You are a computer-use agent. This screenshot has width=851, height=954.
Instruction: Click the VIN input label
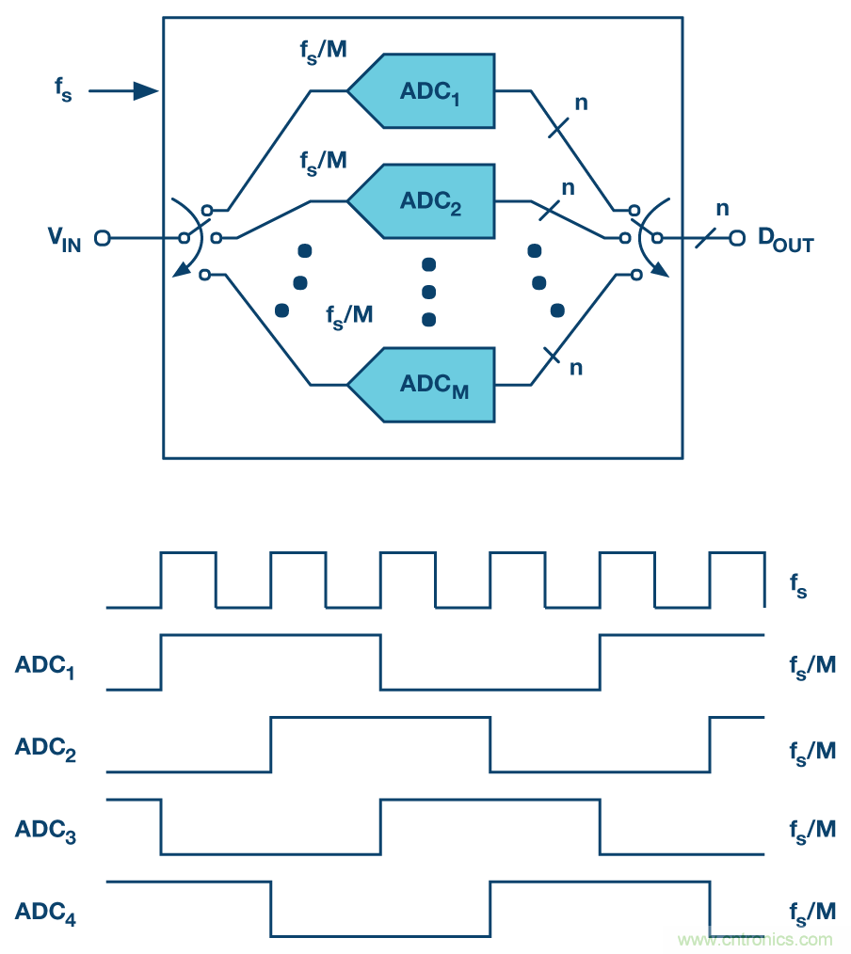64,240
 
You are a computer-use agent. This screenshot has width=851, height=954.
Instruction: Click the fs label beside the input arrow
63,92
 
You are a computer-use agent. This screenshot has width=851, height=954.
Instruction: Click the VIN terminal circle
102,239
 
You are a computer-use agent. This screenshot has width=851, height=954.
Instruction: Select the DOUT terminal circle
738,238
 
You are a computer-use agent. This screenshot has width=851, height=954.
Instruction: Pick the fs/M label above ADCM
349,315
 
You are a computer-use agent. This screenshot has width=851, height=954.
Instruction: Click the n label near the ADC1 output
581,102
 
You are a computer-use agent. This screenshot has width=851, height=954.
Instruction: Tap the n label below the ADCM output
575,367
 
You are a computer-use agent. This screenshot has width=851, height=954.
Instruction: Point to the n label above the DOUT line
722,208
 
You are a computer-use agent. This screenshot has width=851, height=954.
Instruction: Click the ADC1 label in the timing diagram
45,667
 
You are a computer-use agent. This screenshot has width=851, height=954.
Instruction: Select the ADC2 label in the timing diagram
45,749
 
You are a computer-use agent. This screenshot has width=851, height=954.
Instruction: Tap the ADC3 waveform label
45,831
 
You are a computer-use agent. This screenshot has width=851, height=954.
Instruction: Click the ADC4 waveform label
45,913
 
